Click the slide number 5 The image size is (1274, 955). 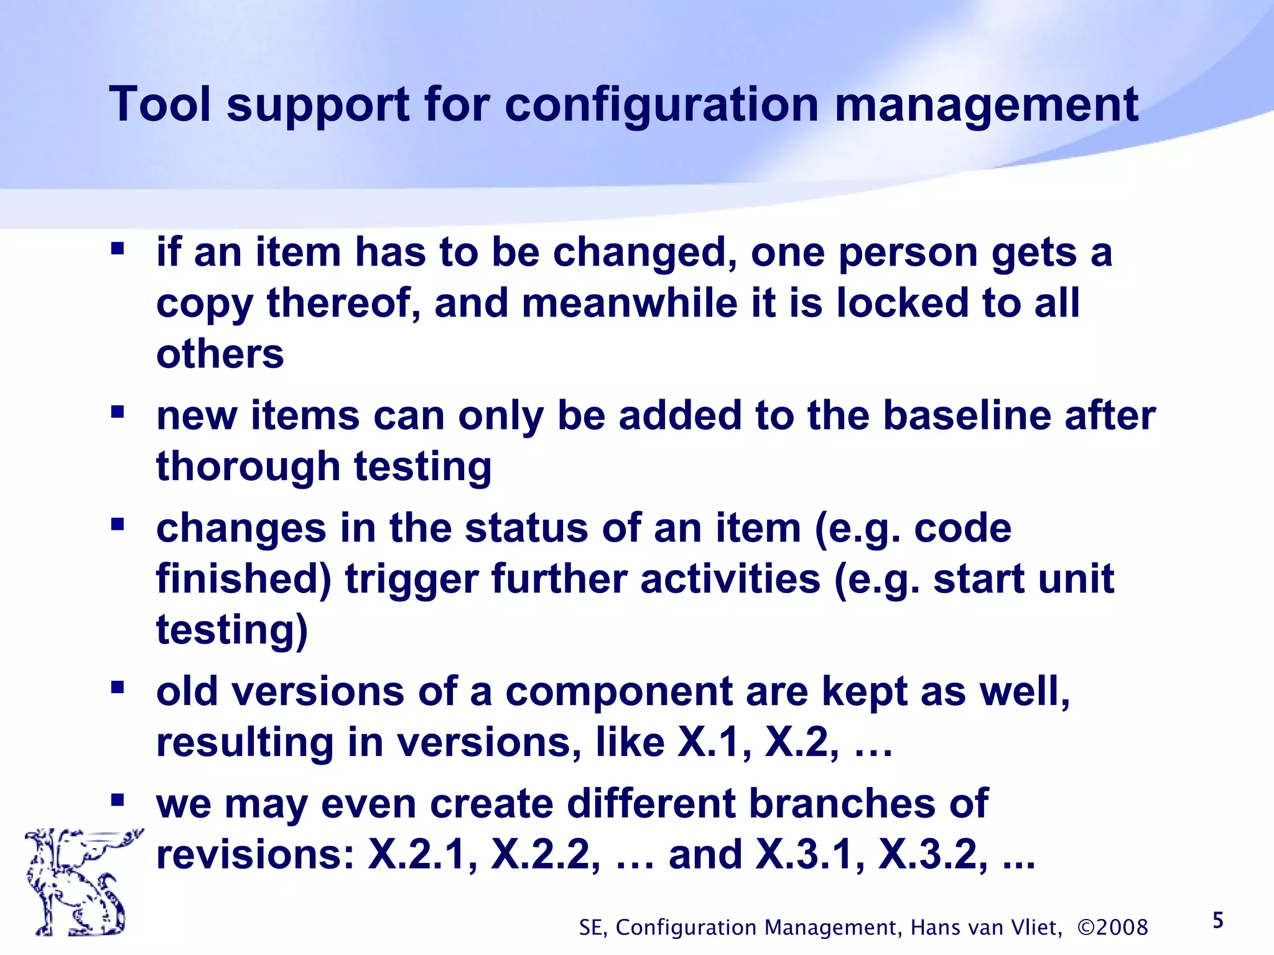[x=1218, y=920]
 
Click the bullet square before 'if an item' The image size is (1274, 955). [x=118, y=249]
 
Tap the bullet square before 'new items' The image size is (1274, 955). [x=118, y=412]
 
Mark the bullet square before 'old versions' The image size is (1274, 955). [x=118, y=688]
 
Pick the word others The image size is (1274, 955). [x=220, y=354]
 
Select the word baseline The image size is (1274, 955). [x=967, y=415]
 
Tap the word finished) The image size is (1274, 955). [x=243, y=578]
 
